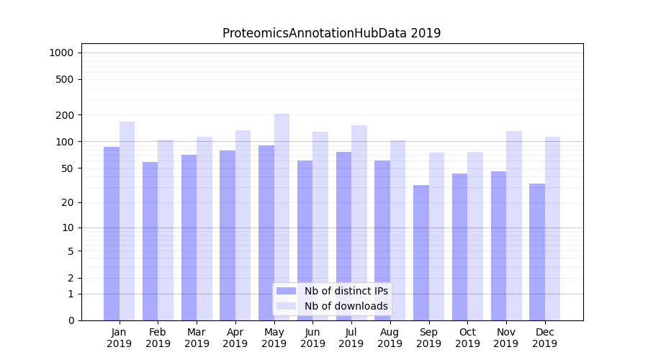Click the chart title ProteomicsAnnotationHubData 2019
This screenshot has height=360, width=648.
point(331,33)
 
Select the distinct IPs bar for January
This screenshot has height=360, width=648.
point(112,233)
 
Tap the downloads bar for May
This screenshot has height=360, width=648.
point(282,217)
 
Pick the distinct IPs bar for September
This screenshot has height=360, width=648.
point(421,252)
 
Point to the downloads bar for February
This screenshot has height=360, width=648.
point(166,230)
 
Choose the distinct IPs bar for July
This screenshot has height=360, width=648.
point(343,235)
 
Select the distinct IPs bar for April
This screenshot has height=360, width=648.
point(228,235)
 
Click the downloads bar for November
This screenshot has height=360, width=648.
point(514,225)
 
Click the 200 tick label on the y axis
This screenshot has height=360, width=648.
point(65,115)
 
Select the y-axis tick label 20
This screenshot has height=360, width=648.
point(67,202)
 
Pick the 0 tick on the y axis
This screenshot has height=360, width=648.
point(71,320)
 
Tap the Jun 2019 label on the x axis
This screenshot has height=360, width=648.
point(312,338)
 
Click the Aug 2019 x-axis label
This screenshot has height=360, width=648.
point(390,338)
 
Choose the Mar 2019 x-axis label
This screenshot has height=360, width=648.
point(197,338)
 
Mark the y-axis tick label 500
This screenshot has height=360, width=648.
point(65,79)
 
